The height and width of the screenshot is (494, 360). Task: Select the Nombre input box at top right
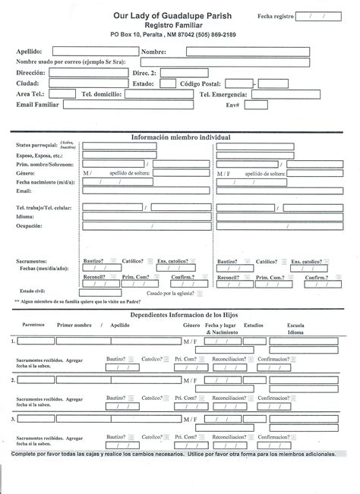click(248, 51)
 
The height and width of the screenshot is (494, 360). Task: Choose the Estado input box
click(168, 83)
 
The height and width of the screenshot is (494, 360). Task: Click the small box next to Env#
click(256, 105)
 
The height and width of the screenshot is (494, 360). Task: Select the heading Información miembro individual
click(180, 137)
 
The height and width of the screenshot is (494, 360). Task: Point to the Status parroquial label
click(36, 143)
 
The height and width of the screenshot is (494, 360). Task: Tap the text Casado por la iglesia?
click(170, 293)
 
